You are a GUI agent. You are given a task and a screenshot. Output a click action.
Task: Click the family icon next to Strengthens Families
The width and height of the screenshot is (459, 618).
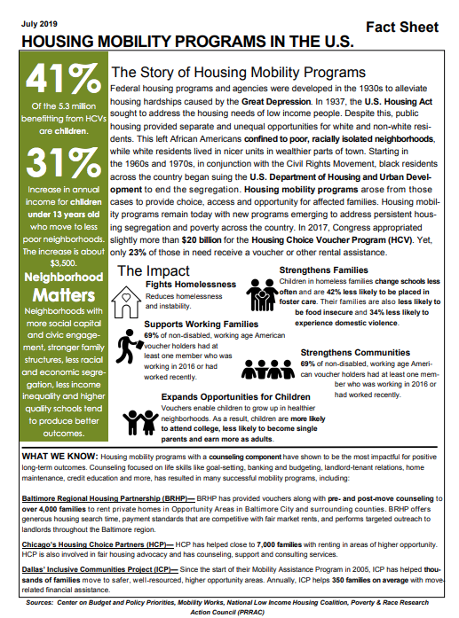(262, 293)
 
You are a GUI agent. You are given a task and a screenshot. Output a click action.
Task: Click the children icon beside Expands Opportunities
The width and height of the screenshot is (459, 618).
(140, 420)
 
